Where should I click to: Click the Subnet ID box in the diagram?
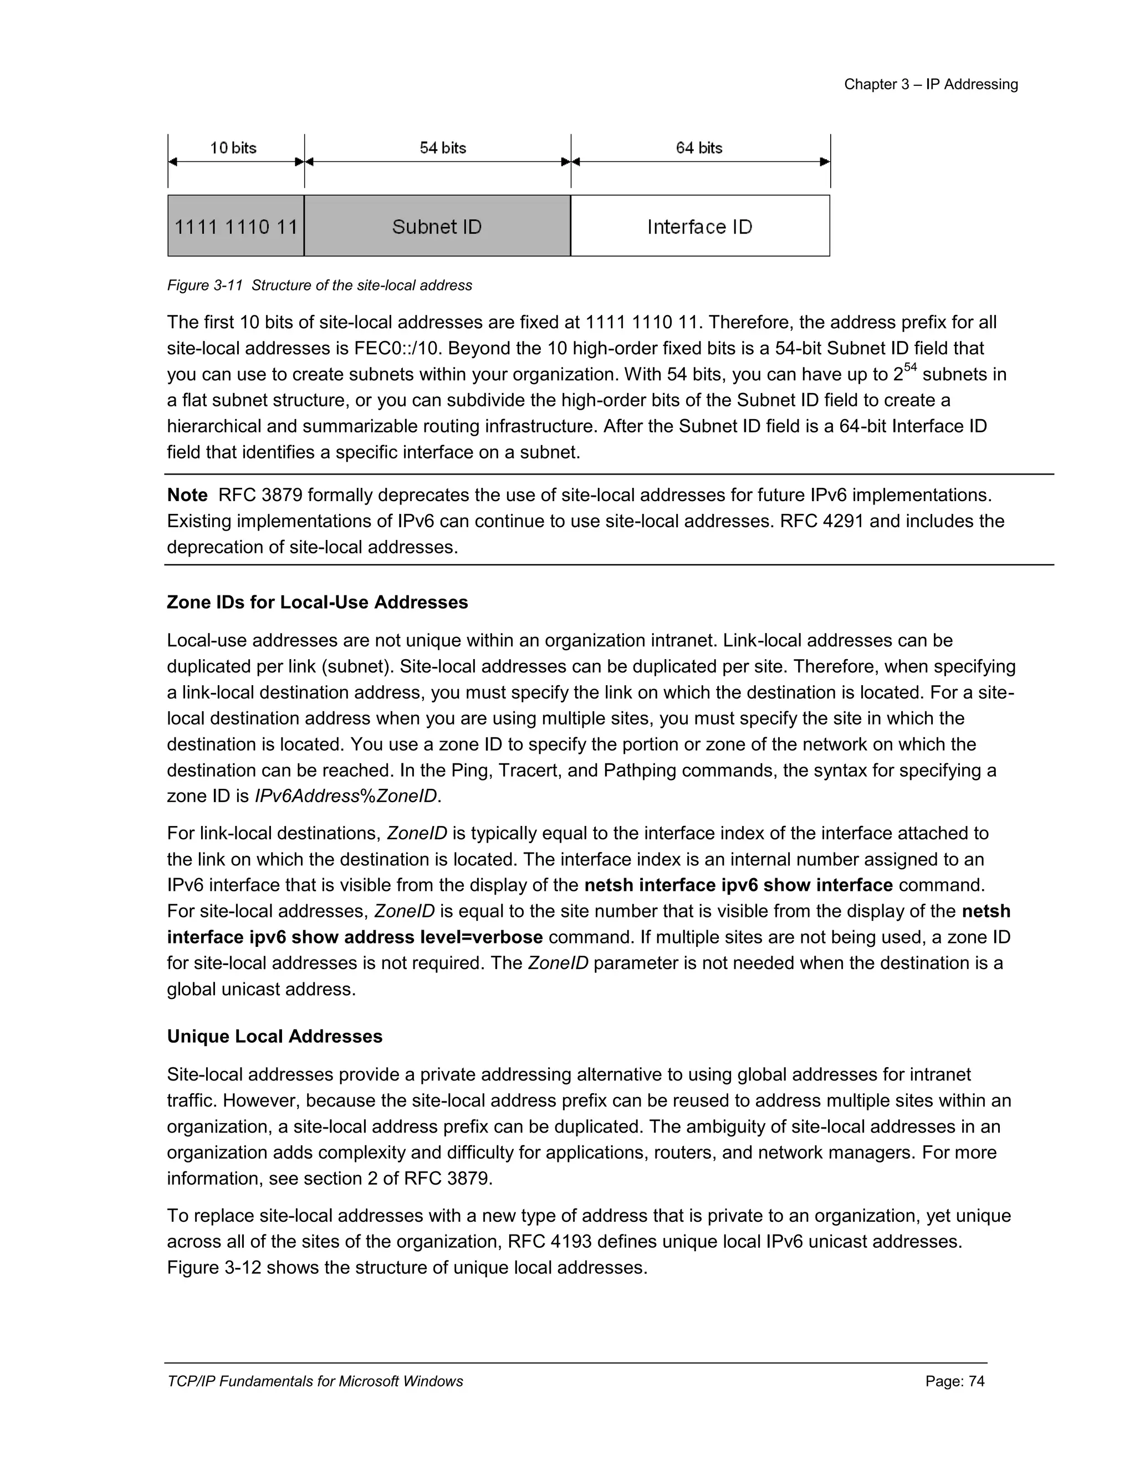(437, 226)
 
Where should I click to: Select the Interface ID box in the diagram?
(699, 226)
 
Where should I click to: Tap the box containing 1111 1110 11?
(236, 226)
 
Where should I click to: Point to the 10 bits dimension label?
(233, 148)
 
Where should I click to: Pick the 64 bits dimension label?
(699, 148)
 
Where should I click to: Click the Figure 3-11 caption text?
(319, 285)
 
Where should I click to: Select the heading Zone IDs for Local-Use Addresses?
(318, 602)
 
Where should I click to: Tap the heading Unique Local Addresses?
(274, 1036)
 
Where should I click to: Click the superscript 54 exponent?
(910, 367)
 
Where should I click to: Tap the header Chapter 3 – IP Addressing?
(931, 85)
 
